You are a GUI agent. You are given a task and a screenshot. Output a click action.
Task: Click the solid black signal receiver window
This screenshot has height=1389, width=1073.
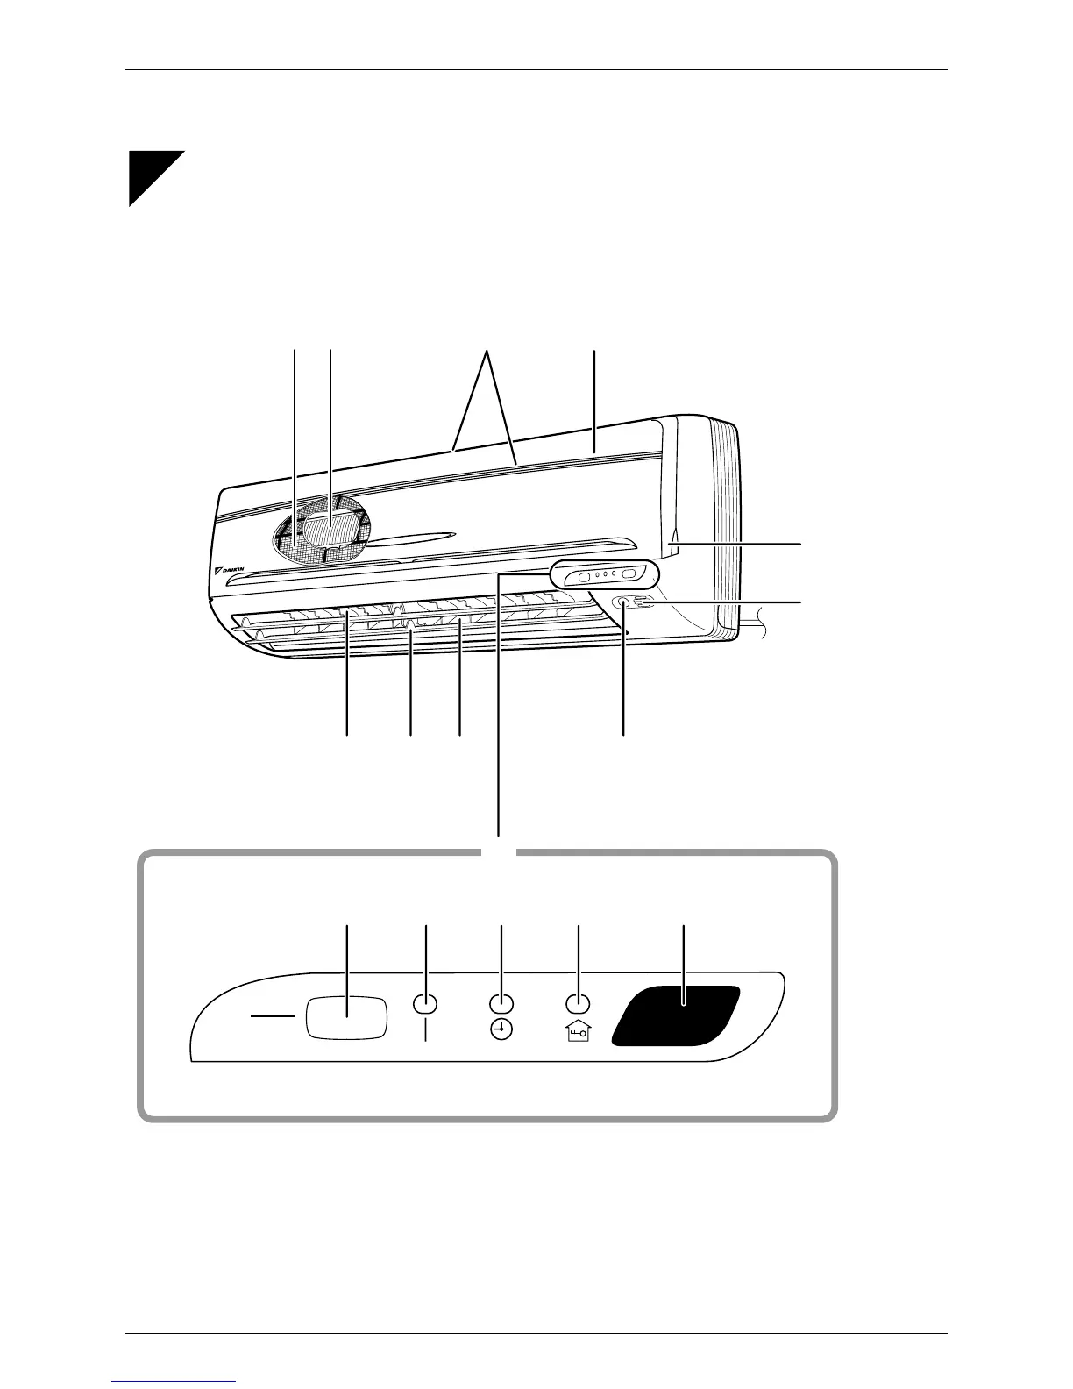coord(676,1015)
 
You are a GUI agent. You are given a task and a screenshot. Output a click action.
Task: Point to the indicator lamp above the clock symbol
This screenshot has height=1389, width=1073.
coord(501,1003)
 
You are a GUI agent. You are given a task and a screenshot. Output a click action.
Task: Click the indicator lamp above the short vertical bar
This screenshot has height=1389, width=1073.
coord(425,1003)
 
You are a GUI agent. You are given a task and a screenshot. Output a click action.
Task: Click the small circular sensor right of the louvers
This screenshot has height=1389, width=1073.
coord(623,603)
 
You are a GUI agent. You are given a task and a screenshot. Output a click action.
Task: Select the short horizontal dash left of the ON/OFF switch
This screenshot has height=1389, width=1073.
coord(274,1017)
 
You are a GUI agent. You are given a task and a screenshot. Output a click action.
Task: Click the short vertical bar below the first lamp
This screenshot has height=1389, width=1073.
coord(425,1032)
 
